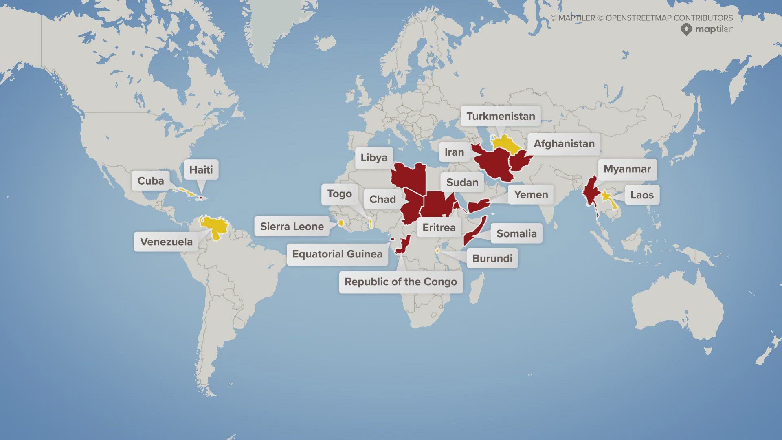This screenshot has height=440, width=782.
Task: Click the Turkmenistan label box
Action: pyautogui.click(x=501, y=116)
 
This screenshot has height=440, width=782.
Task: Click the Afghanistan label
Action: pyautogui.click(x=564, y=144)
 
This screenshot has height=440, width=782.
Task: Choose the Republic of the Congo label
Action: pyautogui.click(x=401, y=282)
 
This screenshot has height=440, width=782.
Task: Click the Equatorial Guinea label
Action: pyautogui.click(x=337, y=254)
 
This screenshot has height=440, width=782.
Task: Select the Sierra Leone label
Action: pyautogui.click(x=292, y=227)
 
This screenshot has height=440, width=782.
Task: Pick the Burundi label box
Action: pyautogui.click(x=492, y=258)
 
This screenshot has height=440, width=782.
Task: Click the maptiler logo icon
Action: pyautogui.click(x=686, y=29)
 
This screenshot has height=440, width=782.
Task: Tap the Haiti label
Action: pyautogui.click(x=201, y=170)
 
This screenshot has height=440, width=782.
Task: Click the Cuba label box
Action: pyautogui.click(x=150, y=181)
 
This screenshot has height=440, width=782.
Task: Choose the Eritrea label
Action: pyautogui.click(x=439, y=227)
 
